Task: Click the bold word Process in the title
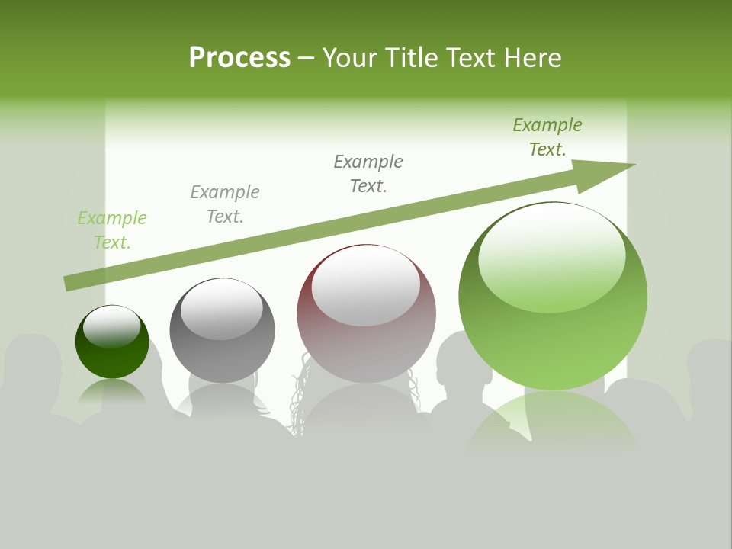point(239,58)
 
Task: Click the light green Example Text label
point(112,230)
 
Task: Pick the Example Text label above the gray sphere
point(225,204)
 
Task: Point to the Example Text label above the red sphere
point(368,174)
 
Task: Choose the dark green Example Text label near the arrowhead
point(547,137)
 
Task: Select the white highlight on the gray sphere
point(221,309)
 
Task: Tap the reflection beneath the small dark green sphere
point(112,392)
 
